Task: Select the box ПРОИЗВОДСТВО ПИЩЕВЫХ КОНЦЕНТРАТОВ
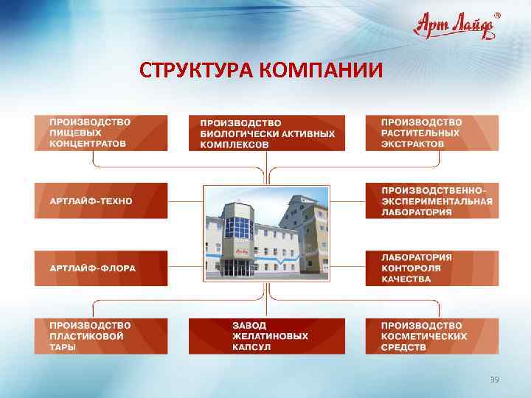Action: pos(100,133)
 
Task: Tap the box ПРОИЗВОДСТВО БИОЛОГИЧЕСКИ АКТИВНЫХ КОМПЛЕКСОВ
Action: pos(266,133)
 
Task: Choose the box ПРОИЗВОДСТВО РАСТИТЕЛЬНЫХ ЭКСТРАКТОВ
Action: pos(431,133)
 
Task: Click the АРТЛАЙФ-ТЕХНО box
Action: pos(100,200)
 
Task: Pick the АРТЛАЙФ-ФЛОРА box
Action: pos(100,268)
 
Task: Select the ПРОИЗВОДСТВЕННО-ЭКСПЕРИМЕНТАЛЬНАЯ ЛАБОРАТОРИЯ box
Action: pos(431,200)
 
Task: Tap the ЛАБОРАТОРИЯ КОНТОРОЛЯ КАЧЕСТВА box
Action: pos(431,268)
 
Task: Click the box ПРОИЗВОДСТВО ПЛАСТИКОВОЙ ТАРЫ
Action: pos(100,336)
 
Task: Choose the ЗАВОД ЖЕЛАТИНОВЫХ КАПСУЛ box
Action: pos(266,336)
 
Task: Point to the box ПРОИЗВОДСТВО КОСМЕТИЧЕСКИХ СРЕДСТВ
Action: pos(431,336)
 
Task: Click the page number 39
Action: pos(495,380)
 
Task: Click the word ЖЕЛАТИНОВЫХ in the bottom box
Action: pos(270,336)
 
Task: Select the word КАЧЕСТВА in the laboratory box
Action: pos(406,279)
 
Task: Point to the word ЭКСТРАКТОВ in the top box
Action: pos(412,144)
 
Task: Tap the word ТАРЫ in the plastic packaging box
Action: pos(63,347)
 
